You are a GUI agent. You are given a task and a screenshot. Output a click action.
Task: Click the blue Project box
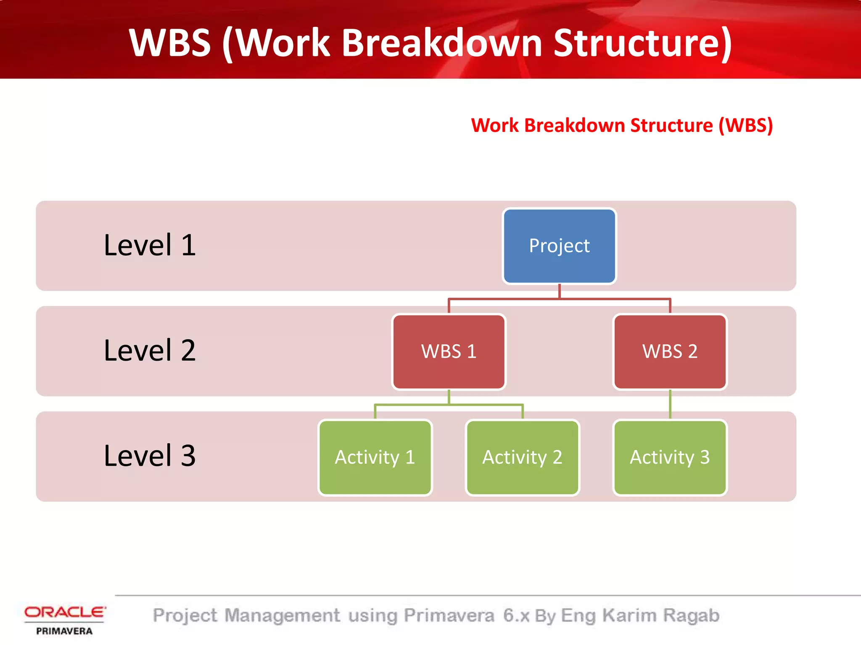[x=559, y=246]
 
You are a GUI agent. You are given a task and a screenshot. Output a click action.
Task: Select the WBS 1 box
[x=449, y=352]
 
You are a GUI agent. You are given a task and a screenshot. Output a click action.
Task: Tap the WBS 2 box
[x=670, y=352]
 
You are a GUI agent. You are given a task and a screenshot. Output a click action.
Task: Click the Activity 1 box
[x=375, y=457]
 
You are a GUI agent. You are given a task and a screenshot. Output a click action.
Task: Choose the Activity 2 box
[x=522, y=457]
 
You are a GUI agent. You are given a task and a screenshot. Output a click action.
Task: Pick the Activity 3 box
[x=670, y=457]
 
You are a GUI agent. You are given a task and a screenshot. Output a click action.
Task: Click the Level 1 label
[x=150, y=245]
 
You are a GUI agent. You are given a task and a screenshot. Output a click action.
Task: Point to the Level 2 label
[x=150, y=351]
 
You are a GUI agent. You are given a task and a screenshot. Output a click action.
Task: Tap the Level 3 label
[x=150, y=456]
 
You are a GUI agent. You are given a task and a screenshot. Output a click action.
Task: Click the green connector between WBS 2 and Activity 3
[x=670, y=404]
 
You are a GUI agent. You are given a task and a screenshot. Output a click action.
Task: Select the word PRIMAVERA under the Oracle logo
[x=64, y=631]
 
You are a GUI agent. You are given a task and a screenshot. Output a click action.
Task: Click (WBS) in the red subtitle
[x=745, y=126]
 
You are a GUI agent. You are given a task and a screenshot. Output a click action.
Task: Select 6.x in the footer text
[x=516, y=616]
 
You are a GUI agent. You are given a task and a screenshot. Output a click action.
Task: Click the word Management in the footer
[x=282, y=616]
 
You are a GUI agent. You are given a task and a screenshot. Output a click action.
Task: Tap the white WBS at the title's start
[x=170, y=43]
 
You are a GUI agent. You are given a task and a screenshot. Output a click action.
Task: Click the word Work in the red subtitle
[x=495, y=126]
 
